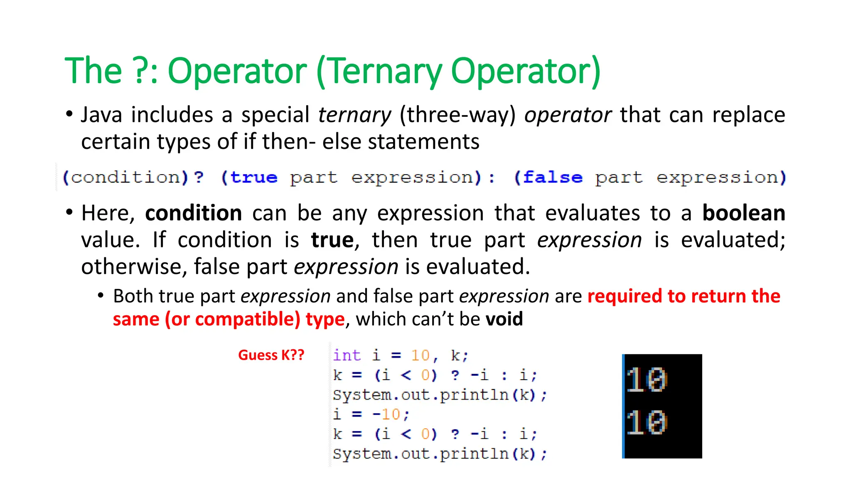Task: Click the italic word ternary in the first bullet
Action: pos(354,115)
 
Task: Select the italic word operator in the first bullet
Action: pos(568,115)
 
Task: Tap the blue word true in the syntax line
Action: pos(254,178)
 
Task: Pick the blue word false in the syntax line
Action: pos(553,178)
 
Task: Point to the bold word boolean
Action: pos(743,213)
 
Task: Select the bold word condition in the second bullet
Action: pos(194,213)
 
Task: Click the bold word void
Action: pos(504,319)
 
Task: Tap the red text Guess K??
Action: pos(271,355)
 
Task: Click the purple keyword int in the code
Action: pos(347,356)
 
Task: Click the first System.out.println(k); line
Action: pos(440,395)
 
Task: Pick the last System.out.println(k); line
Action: pos(440,454)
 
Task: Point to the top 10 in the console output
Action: pos(647,380)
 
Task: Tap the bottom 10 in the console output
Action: pos(647,422)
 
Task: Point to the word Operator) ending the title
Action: pos(526,72)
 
